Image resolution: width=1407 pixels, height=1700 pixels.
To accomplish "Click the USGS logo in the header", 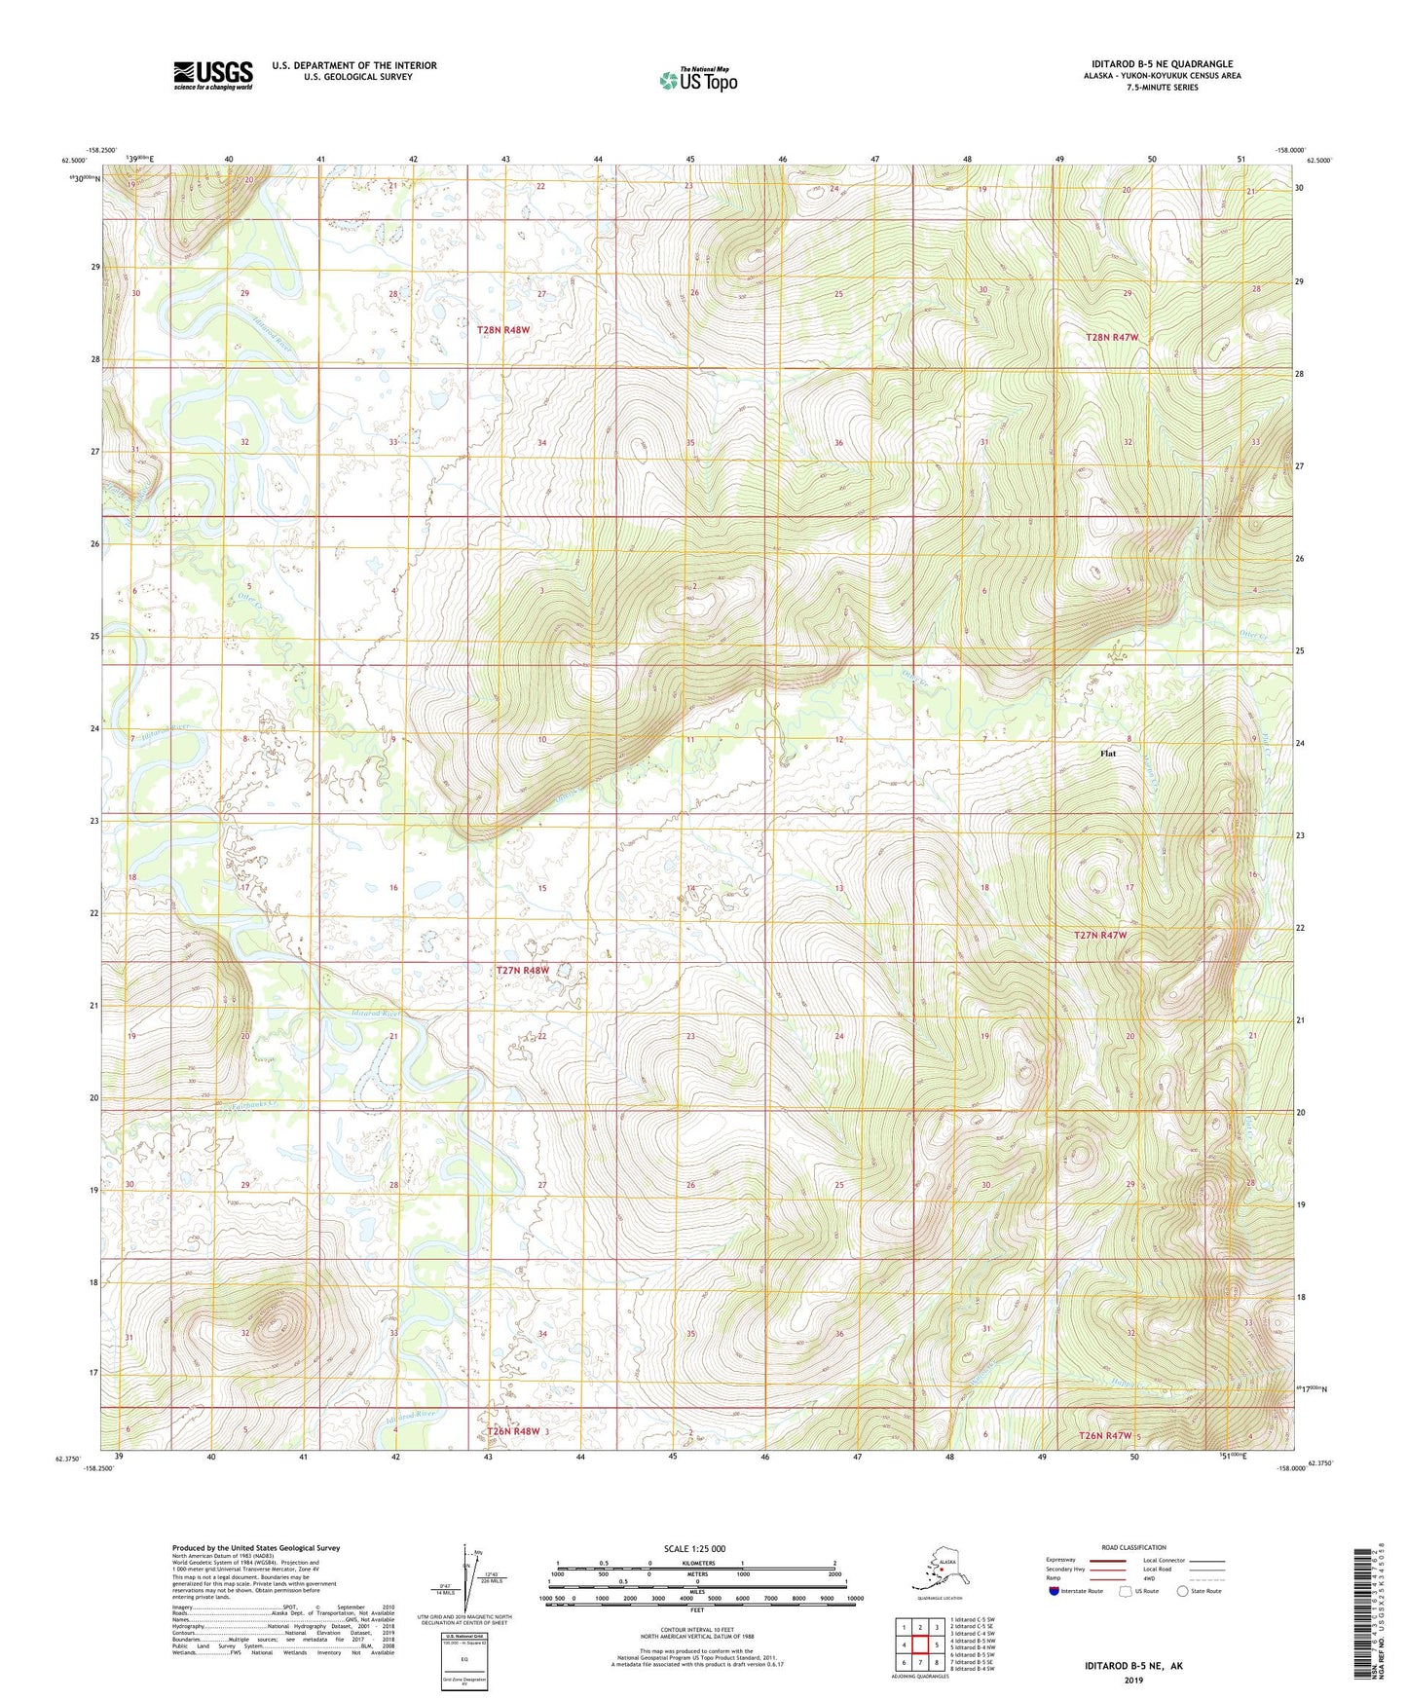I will point(213,75).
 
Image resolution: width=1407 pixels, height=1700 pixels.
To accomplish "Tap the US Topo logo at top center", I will point(697,80).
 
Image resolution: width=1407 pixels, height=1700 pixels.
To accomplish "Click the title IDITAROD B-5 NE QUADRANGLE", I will point(1159,64).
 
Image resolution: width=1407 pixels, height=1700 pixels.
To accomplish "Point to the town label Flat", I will point(1107,753).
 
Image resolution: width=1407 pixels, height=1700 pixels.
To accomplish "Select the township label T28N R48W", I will point(502,330).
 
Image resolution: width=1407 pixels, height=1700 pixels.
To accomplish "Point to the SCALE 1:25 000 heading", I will point(694,1548).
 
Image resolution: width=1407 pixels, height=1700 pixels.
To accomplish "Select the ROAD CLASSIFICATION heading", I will point(1133,1547).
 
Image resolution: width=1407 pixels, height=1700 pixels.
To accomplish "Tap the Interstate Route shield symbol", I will point(1055,1591).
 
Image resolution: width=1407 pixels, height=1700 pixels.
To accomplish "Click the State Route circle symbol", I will point(1183,1591).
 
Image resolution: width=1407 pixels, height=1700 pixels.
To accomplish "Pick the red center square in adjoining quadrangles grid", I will point(919,1645).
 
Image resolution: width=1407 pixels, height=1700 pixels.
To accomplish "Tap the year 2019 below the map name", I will point(1133,1680).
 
